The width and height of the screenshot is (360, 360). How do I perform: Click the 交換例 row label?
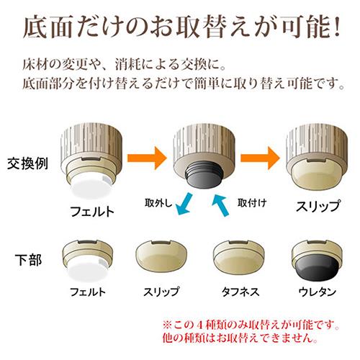(x=27, y=163)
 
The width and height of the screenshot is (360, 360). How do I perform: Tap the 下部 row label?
(x=29, y=260)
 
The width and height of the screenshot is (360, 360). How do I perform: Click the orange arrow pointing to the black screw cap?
(x=147, y=158)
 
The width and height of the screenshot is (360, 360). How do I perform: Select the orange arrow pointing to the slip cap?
(x=260, y=158)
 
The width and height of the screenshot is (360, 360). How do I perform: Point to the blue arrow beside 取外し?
(x=184, y=204)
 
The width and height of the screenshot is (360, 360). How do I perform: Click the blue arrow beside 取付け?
(x=221, y=205)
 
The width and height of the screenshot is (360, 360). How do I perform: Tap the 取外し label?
(x=158, y=203)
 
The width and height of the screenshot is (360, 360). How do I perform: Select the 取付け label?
(x=252, y=203)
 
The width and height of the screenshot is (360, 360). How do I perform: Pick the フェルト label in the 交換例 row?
(x=92, y=212)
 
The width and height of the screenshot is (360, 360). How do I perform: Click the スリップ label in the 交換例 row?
(x=318, y=206)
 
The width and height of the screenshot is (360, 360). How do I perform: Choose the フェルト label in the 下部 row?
(x=88, y=292)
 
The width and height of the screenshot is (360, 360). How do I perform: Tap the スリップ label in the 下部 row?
(x=161, y=292)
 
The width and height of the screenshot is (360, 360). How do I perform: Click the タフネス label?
(x=240, y=292)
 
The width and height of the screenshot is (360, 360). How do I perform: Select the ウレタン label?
(x=318, y=292)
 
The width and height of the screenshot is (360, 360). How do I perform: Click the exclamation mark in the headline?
(x=336, y=26)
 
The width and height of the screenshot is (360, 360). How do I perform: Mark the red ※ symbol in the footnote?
(x=167, y=325)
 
